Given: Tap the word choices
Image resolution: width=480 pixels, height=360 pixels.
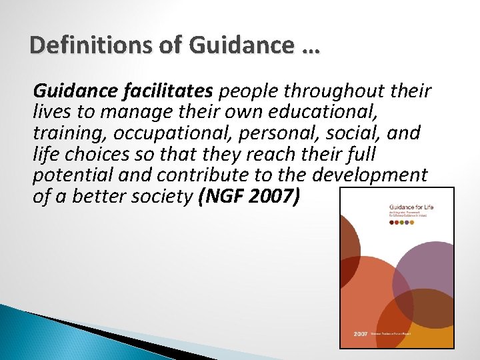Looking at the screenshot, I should coord(93,154).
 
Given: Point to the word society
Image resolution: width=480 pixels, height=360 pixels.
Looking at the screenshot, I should coord(160,197).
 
